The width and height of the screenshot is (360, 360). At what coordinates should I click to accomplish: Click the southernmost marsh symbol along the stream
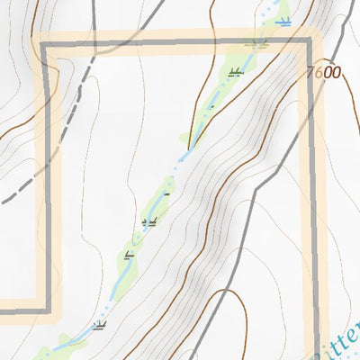pos(97,326)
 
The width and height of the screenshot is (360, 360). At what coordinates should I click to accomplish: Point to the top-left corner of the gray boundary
pos(44,43)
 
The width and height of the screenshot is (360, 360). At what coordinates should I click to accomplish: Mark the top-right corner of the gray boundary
pos(310,43)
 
